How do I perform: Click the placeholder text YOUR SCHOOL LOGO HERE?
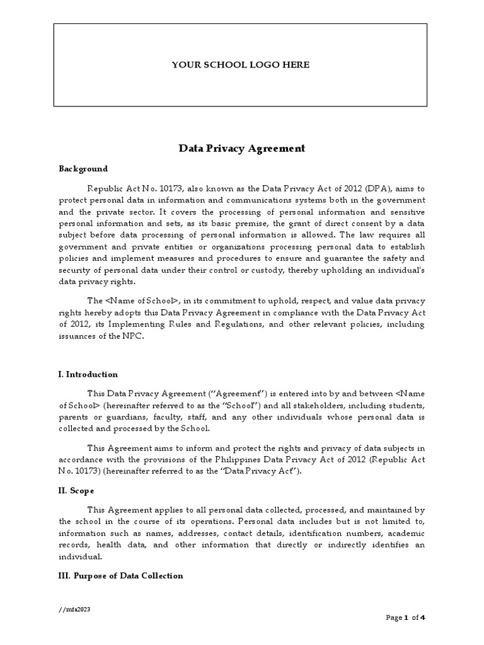tap(241, 65)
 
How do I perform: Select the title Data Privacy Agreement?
tap(242, 149)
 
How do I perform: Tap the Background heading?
tap(83, 169)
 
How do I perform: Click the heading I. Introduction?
tap(88, 374)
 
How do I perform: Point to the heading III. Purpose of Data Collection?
tap(121, 576)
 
